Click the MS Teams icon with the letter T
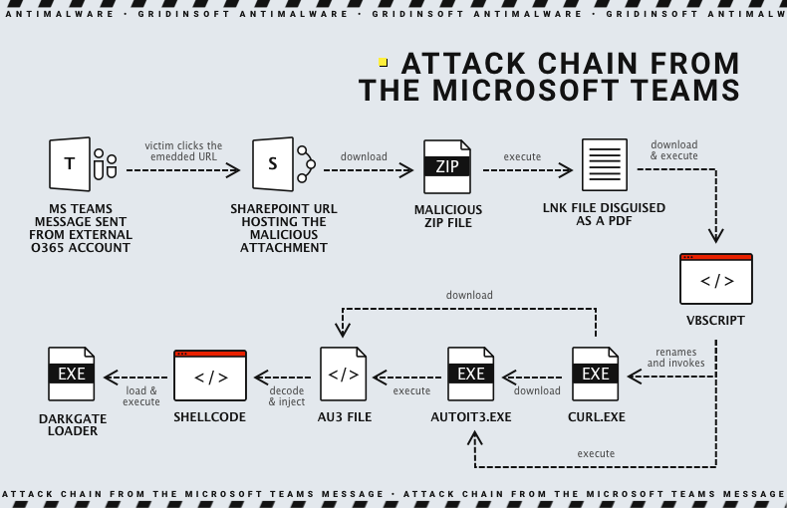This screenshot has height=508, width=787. tap(70, 164)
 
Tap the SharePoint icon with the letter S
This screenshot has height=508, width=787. tap(274, 164)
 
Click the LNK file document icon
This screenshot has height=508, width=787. tap(605, 165)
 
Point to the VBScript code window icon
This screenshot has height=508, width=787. tap(715, 279)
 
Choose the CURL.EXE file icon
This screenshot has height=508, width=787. tap(595, 374)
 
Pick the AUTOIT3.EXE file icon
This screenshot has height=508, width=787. tap(470, 374)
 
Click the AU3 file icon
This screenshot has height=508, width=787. tap(344, 375)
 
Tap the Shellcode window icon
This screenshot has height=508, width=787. tap(210, 376)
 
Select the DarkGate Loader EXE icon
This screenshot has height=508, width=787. tap(72, 374)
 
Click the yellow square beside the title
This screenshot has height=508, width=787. tap(384, 63)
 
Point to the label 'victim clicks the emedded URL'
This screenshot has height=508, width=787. tap(183, 151)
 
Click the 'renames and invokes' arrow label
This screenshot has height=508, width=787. tap(675, 358)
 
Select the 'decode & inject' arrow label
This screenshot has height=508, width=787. tap(287, 396)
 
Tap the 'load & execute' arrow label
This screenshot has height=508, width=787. tap(140, 395)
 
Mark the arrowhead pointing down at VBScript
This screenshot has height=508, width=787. tap(715, 236)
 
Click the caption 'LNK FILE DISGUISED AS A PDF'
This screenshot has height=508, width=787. tap(605, 215)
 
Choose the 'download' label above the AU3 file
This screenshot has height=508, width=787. tap(469, 295)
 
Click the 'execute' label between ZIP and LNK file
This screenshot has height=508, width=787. tap(522, 156)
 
